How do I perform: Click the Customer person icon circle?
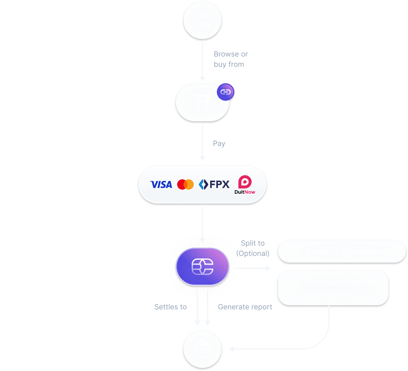[202, 20]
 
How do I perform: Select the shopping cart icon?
[202, 102]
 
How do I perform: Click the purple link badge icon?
[226, 92]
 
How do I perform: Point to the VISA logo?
[161, 184]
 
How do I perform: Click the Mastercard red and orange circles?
[185, 184]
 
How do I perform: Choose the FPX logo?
[214, 184]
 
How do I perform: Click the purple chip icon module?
[202, 267]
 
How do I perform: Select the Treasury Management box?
[342, 251]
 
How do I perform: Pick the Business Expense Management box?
[333, 288]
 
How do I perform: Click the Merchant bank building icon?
[202, 349]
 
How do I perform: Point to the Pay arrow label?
[219, 143]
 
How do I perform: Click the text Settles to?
[170, 307]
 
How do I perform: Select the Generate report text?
[245, 307]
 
